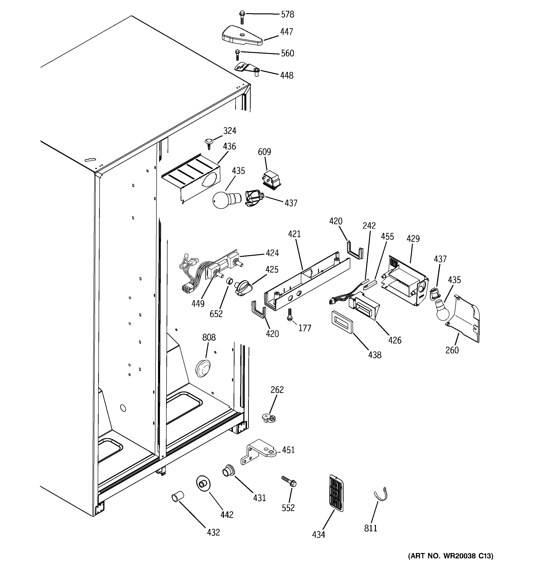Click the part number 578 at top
click(287, 14)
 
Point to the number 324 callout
click(230, 131)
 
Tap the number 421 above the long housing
click(294, 234)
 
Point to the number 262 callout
click(277, 390)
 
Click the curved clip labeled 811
click(381, 497)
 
